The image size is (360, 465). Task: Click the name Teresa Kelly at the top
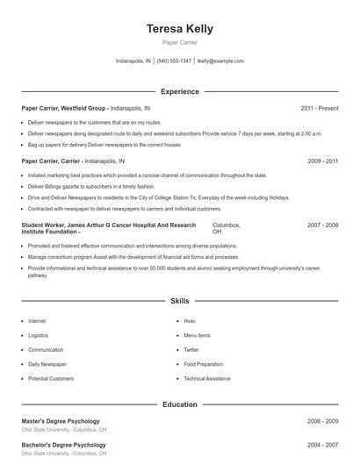pyautogui.click(x=179, y=29)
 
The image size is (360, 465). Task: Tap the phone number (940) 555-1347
pyautogui.click(x=174, y=61)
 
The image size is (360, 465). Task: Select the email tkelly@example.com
pyautogui.click(x=220, y=61)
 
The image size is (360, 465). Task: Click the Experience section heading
pyautogui.click(x=179, y=91)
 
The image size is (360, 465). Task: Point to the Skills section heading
pyautogui.click(x=179, y=301)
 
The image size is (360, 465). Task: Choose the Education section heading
pyautogui.click(x=179, y=404)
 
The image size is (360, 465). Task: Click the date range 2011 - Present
pyautogui.click(x=319, y=108)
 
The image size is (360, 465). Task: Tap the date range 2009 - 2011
pyautogui.click(x=322, y=161)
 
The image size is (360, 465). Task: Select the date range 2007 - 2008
pyautogui.click(x=322, y=225)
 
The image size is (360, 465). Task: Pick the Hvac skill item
pyautogui.click(x=190, y=321)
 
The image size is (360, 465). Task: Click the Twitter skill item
pyautogui.click(x=191, y=349)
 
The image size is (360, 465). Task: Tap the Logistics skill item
pyautogui.click(x=38, y=335)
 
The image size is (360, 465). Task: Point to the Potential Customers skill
pyautogui.click(x=51, y=378)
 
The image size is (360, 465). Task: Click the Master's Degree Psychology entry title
pyautogui.click(x=61, y=421)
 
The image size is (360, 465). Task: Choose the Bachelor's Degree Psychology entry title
pyautogui.click(x=63, y=446)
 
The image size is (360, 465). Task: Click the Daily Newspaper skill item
pyautogui.click(x=47, y=363)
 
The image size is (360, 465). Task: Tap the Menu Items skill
pyautogui.click(x=197, y=335)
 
